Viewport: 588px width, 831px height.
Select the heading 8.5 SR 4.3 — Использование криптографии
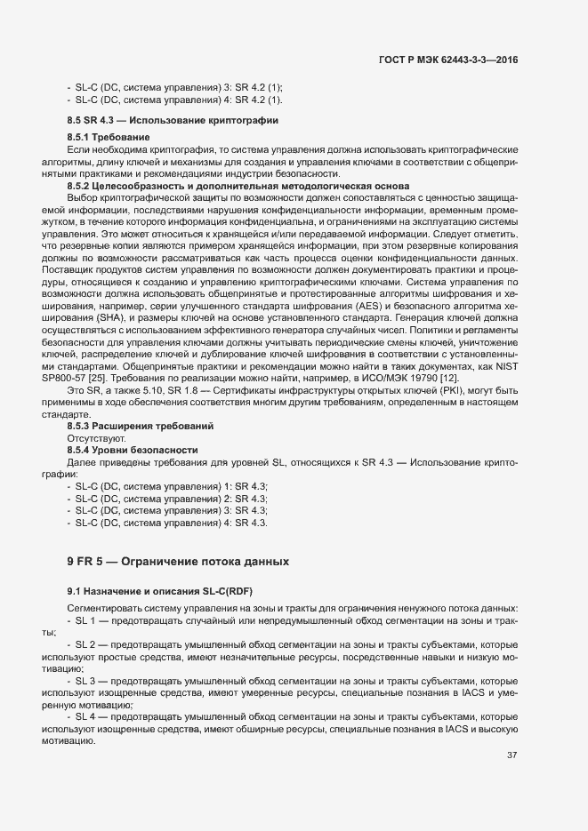[x=173, y=119]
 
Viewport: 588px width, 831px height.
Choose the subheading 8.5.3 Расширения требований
[x=140, y=427]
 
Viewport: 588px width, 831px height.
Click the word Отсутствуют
[x=96, y=439]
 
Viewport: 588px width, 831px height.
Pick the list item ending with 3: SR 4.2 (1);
[x=173, y=87]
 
